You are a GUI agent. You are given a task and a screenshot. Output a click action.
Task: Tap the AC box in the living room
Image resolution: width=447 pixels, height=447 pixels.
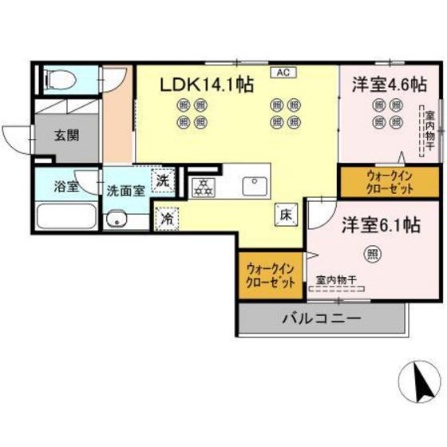[x=283, y=71]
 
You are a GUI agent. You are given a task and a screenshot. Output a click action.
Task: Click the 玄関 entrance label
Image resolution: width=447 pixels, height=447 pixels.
[x=67, y=136]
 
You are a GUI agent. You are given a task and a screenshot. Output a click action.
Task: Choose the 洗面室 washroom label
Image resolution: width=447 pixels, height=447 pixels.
[x=125, y=191]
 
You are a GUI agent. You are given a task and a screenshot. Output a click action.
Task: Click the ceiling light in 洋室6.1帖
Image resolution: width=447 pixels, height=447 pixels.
[x=372, y=255]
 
